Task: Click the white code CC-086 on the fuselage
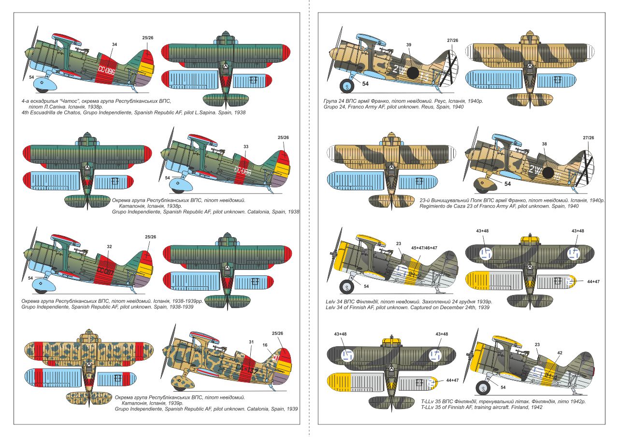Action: coord(106,70)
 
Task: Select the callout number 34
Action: coord(115,44)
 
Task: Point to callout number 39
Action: coord(409,44)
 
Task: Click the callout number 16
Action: coord(265,345)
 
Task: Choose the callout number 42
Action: coord(560,352)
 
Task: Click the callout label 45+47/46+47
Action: coord(424,248)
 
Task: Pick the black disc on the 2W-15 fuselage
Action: coord(413,73)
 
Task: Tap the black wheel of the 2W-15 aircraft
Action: coord(347,86)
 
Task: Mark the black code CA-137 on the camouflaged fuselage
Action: coord(247,369)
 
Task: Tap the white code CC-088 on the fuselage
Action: coord(243,170)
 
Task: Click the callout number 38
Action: coord(544,144)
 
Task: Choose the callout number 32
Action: coord(109,246)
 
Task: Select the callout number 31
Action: coord(251,342)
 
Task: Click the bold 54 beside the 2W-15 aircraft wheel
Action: coord(365,84)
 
